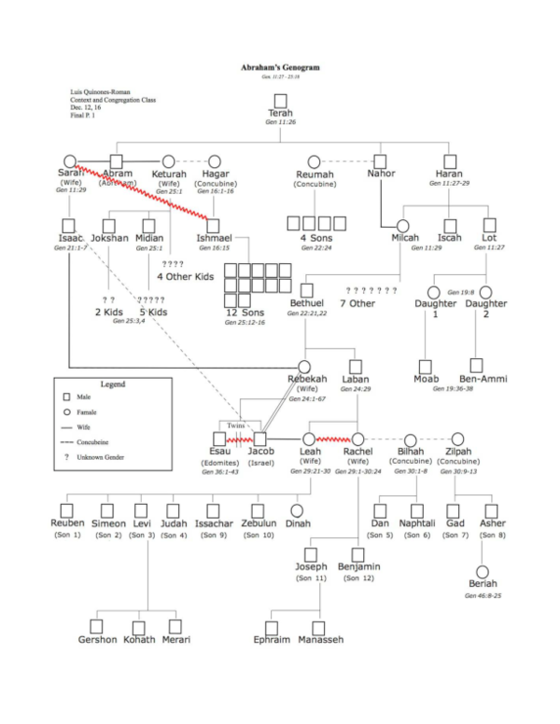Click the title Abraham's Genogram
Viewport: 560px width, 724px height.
tap(280, 68)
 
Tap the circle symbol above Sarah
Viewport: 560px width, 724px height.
tap(69, 161)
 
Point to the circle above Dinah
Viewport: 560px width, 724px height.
tap(297, 510)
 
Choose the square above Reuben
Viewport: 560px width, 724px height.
tap(67, 510)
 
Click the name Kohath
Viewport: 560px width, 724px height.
tap(139, 639)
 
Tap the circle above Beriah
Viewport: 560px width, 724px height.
tap(483, 571)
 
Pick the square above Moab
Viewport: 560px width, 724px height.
tap(425, 366)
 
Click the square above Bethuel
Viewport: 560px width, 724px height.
tap(307, 290)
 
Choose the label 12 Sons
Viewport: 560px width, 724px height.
tap(245, 313)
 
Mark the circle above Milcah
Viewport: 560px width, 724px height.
tap(404, 225)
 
